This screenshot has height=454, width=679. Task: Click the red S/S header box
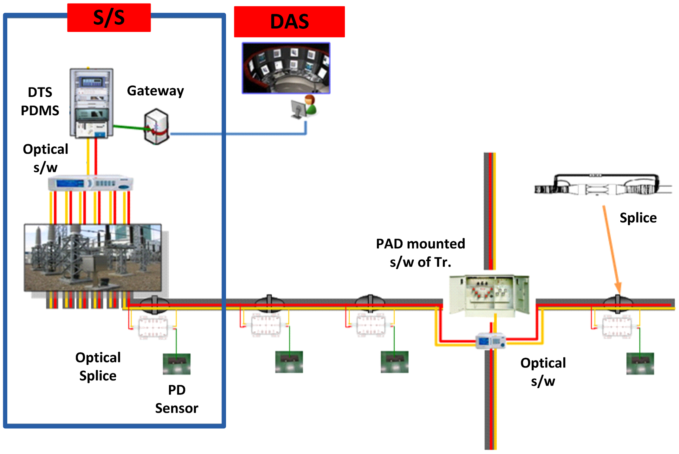pyautogui.click(x=109, y=18)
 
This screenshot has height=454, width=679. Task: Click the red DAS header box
pyautogui.click(x=289, y=22)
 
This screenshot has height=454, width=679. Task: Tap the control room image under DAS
pyautogui.click(x=286, y=68)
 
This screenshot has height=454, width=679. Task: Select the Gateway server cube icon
pyautogui.click(x=156, y=126)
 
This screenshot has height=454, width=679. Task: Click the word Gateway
pyautogui.click(x=155, y=91)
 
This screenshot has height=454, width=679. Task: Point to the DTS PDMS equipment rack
pyautogui.click(x=91, y=103)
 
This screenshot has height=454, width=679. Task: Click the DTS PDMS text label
pyautogui.click(x=40, y=101)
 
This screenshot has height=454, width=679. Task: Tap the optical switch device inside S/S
pyautogui.click(x=90, y=183)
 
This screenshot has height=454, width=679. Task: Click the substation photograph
pyautogui.click(x=93, y=258)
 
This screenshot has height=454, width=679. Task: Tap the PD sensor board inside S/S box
pyautogui.click(x=177, y=364)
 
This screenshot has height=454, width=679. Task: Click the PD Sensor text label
pyautogui.click(x=177, y=399)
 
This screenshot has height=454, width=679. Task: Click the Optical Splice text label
pyautogui.click(x=98, y=367)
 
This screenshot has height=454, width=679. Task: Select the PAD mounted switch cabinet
pyautogui.click(x=489, y=295)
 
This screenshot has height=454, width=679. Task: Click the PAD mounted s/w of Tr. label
pyautogui.click(x=420, y=253)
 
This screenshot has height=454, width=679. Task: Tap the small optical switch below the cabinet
pyautogui.click(x=490, y=341)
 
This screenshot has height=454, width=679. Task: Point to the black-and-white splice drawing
pyautogui.click(x=602, y=185)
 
